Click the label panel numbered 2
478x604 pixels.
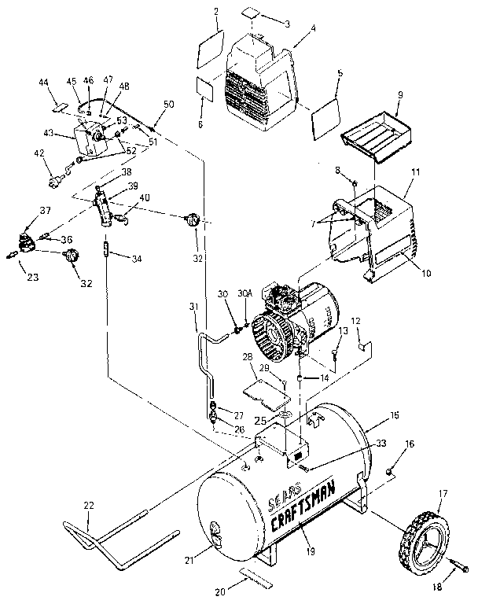[210, 53]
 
